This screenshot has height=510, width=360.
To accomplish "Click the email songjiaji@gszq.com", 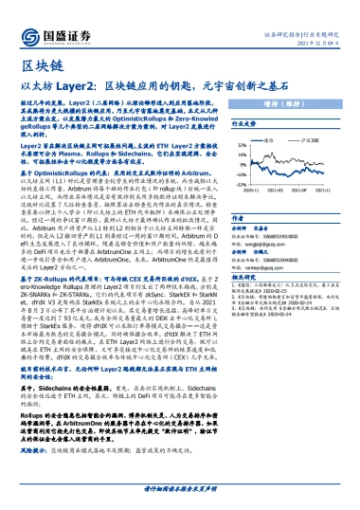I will coord(308,217).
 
